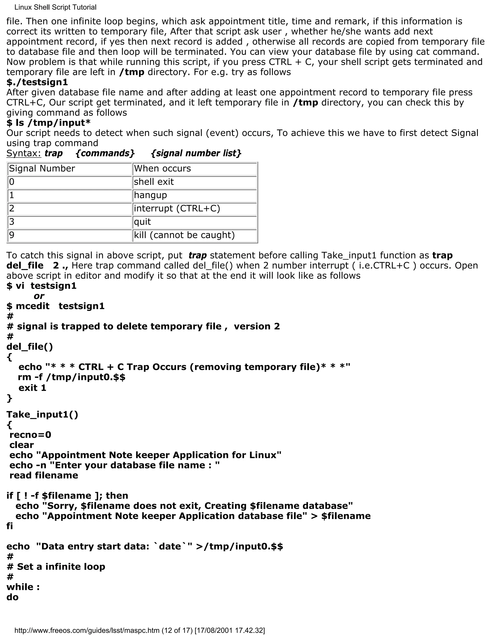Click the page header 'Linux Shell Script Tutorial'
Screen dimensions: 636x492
pyautogui.click(x=55, y=7)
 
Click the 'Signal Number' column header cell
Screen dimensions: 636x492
pyautogui.click(x=70, y=169)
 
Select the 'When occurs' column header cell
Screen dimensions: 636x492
pyautogui.click(x=194, y=169)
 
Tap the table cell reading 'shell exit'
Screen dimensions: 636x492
pyautogui.click(x=194, y=182)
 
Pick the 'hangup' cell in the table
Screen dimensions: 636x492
pyautogui.click(x=194, y=195)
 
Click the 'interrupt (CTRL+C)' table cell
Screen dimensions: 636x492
pyautogui.click(x=194, y=209)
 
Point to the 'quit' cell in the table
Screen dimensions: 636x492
pyautogui.click(x=194, y=222)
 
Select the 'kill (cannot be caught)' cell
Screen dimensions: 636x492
pyautogui.click(x=194, y=235)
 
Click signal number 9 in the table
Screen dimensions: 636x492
pyautogui.click(x=70, y=235)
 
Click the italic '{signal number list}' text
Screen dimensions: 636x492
pyautogui.click(x=196, y=153)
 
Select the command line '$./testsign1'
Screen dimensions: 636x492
pyautogui.click(x=37, y=82)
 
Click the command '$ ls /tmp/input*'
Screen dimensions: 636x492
pyautogui.click(x=48, y=123)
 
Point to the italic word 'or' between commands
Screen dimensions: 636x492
pyautogui.click(x=39, y=296)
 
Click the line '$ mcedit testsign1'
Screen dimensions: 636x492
pyautogui.click(x=55, y=306)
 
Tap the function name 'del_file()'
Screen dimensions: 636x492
pyautogui.click(x=30, y=347)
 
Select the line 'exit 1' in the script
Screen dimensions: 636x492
pyautogui.click(x=32, y=388)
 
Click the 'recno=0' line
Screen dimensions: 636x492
pyautogui.click(x=30, y=435)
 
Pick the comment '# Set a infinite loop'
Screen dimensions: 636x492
pyautogui.click(x=56, y=566)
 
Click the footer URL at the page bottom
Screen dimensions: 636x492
pyautogui.click(x=140, y=630)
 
